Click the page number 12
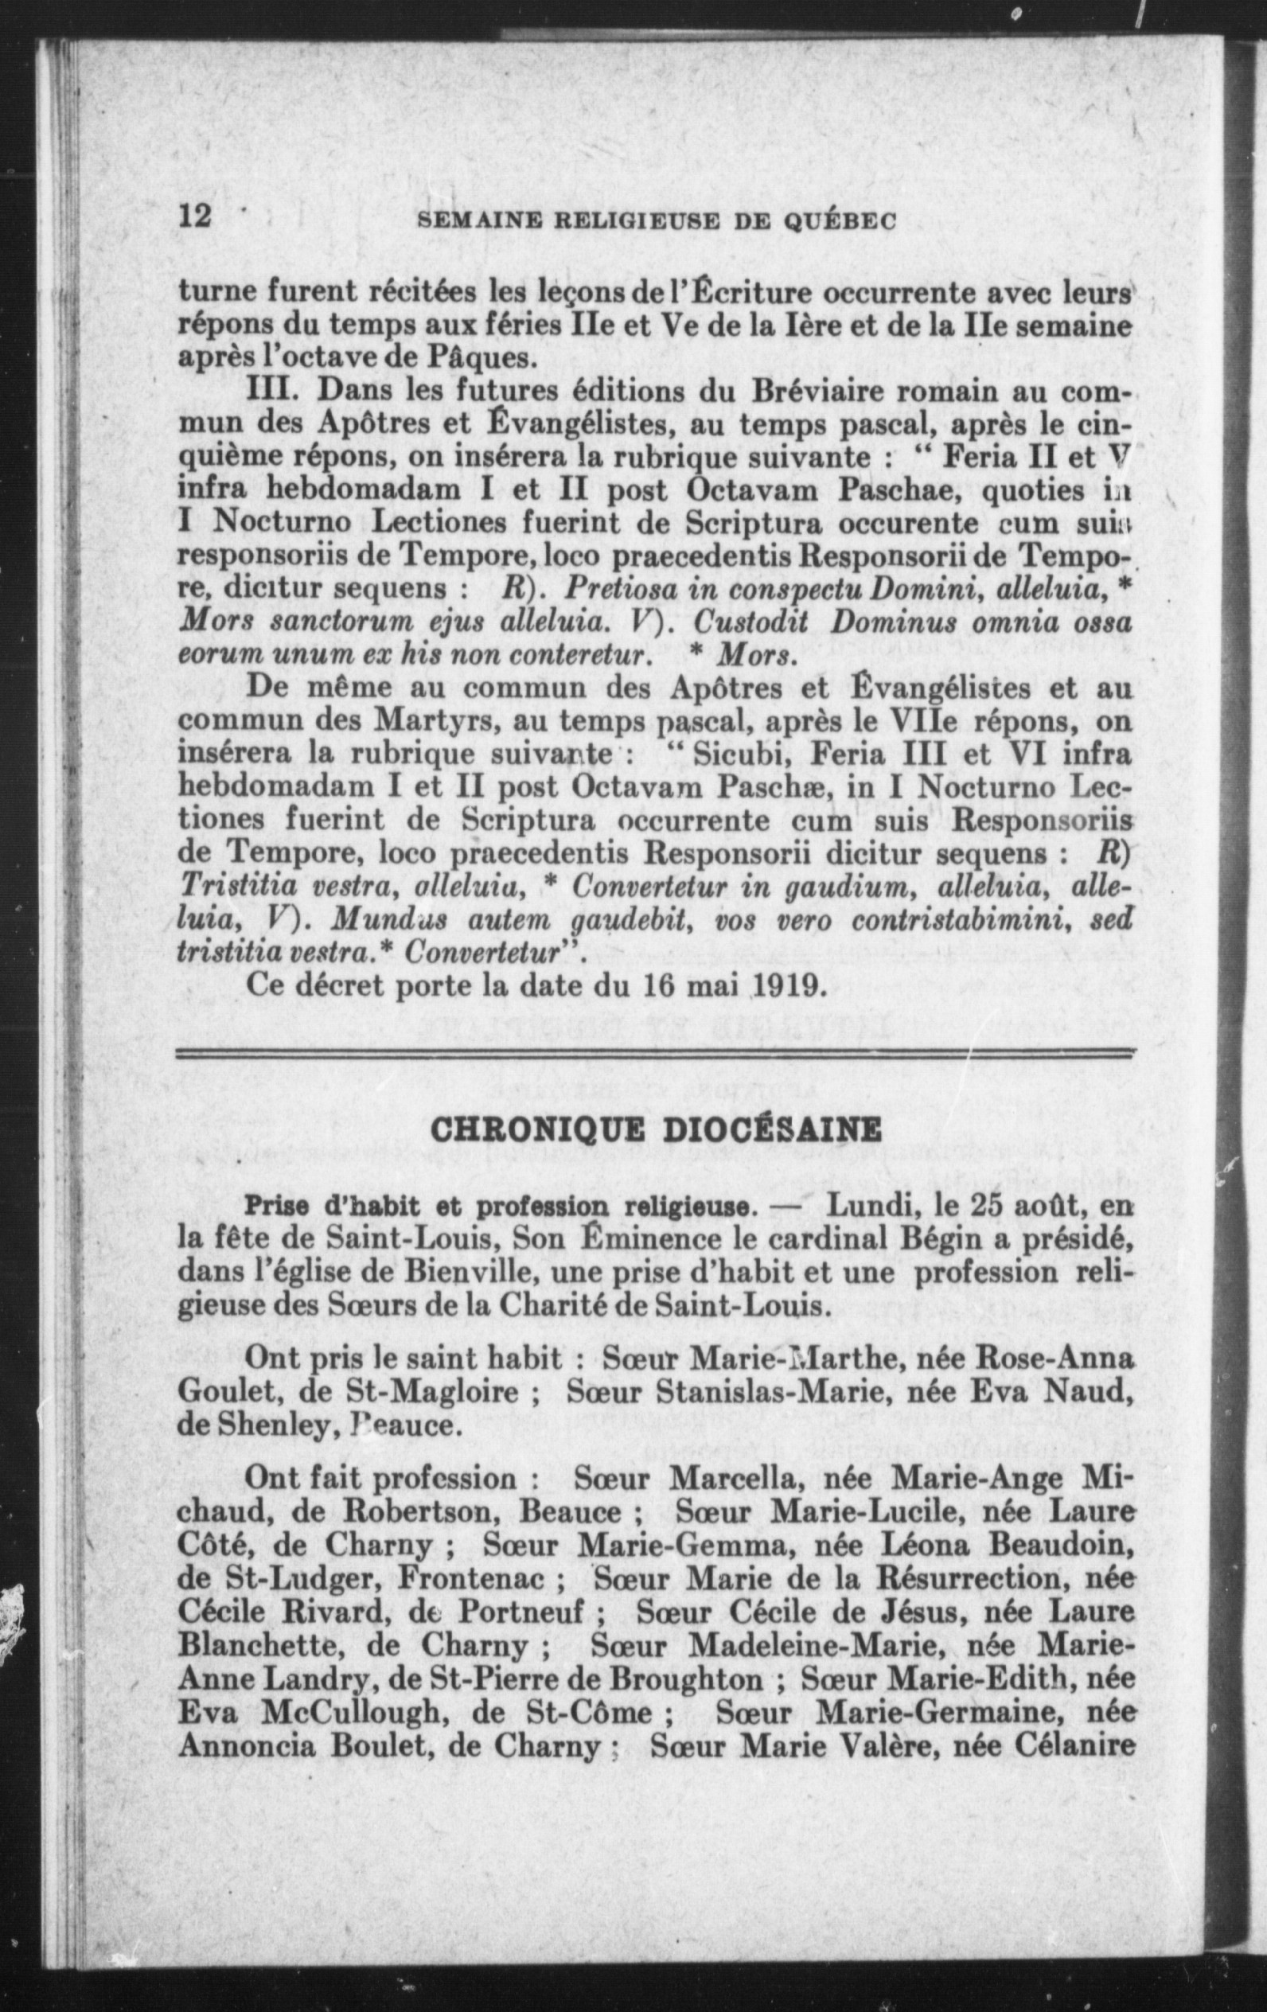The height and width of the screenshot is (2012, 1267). click(197, 218)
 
